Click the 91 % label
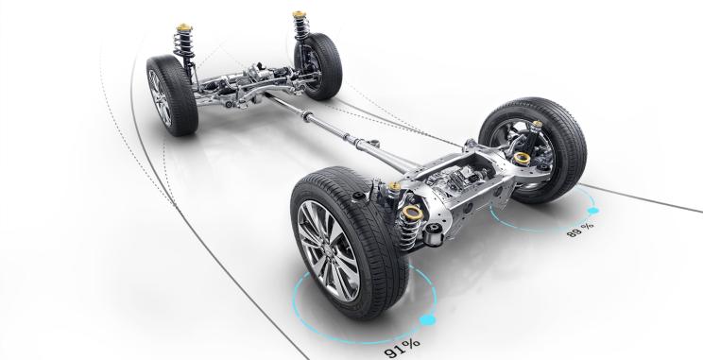[x=403, y=349]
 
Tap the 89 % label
[x=580, y=230]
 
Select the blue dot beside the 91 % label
[x=427, y=319]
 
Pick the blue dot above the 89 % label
[x=592, y=211]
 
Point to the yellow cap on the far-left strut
[x=184, y=27]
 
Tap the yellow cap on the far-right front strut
[x=299, y=14]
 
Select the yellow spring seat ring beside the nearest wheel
[x=413, y=212]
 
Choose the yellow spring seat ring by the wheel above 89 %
[x=522, y=158]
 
